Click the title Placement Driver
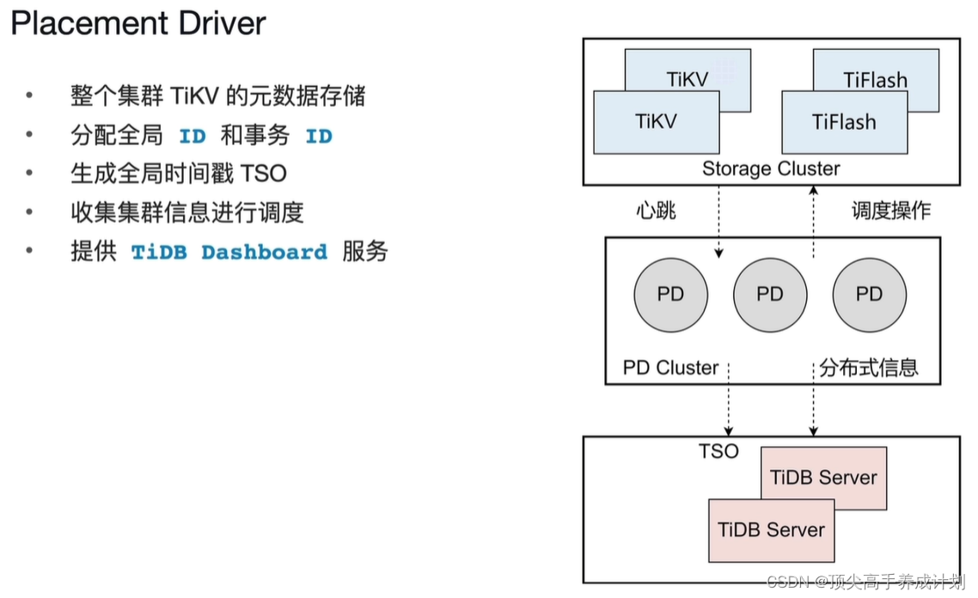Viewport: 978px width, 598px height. pyautogui.click(x=138, y=23)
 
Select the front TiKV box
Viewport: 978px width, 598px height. pyautogui.click(x=656, y=122)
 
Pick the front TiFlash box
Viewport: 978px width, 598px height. pyautogui.click(x=844, y=122)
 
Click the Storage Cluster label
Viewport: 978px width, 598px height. pyautogui.click(x=771, y=168)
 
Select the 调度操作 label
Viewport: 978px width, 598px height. pyautogui.click(x=890, y=211)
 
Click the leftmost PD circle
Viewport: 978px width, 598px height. pyautogui.click(x=670, y=295)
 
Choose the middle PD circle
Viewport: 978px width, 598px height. pyautogui.click(x=770, y=295)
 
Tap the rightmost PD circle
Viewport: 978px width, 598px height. pyautogui.click(x=869, y=295)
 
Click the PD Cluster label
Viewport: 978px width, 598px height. pyautogui.click(x=670, y=368)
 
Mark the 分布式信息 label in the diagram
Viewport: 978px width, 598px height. pyautogui.click(x=868, y=368)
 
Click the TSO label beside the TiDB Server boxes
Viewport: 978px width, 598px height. pyautogui.click(x=718, y=451)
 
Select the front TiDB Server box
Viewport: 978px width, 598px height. pyautogui.click(x=771, y=530)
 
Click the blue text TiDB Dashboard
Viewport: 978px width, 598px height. pyautogui.click(x=229, y=253)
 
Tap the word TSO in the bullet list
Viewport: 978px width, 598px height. pyautogui.click(x=263, y=174)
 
